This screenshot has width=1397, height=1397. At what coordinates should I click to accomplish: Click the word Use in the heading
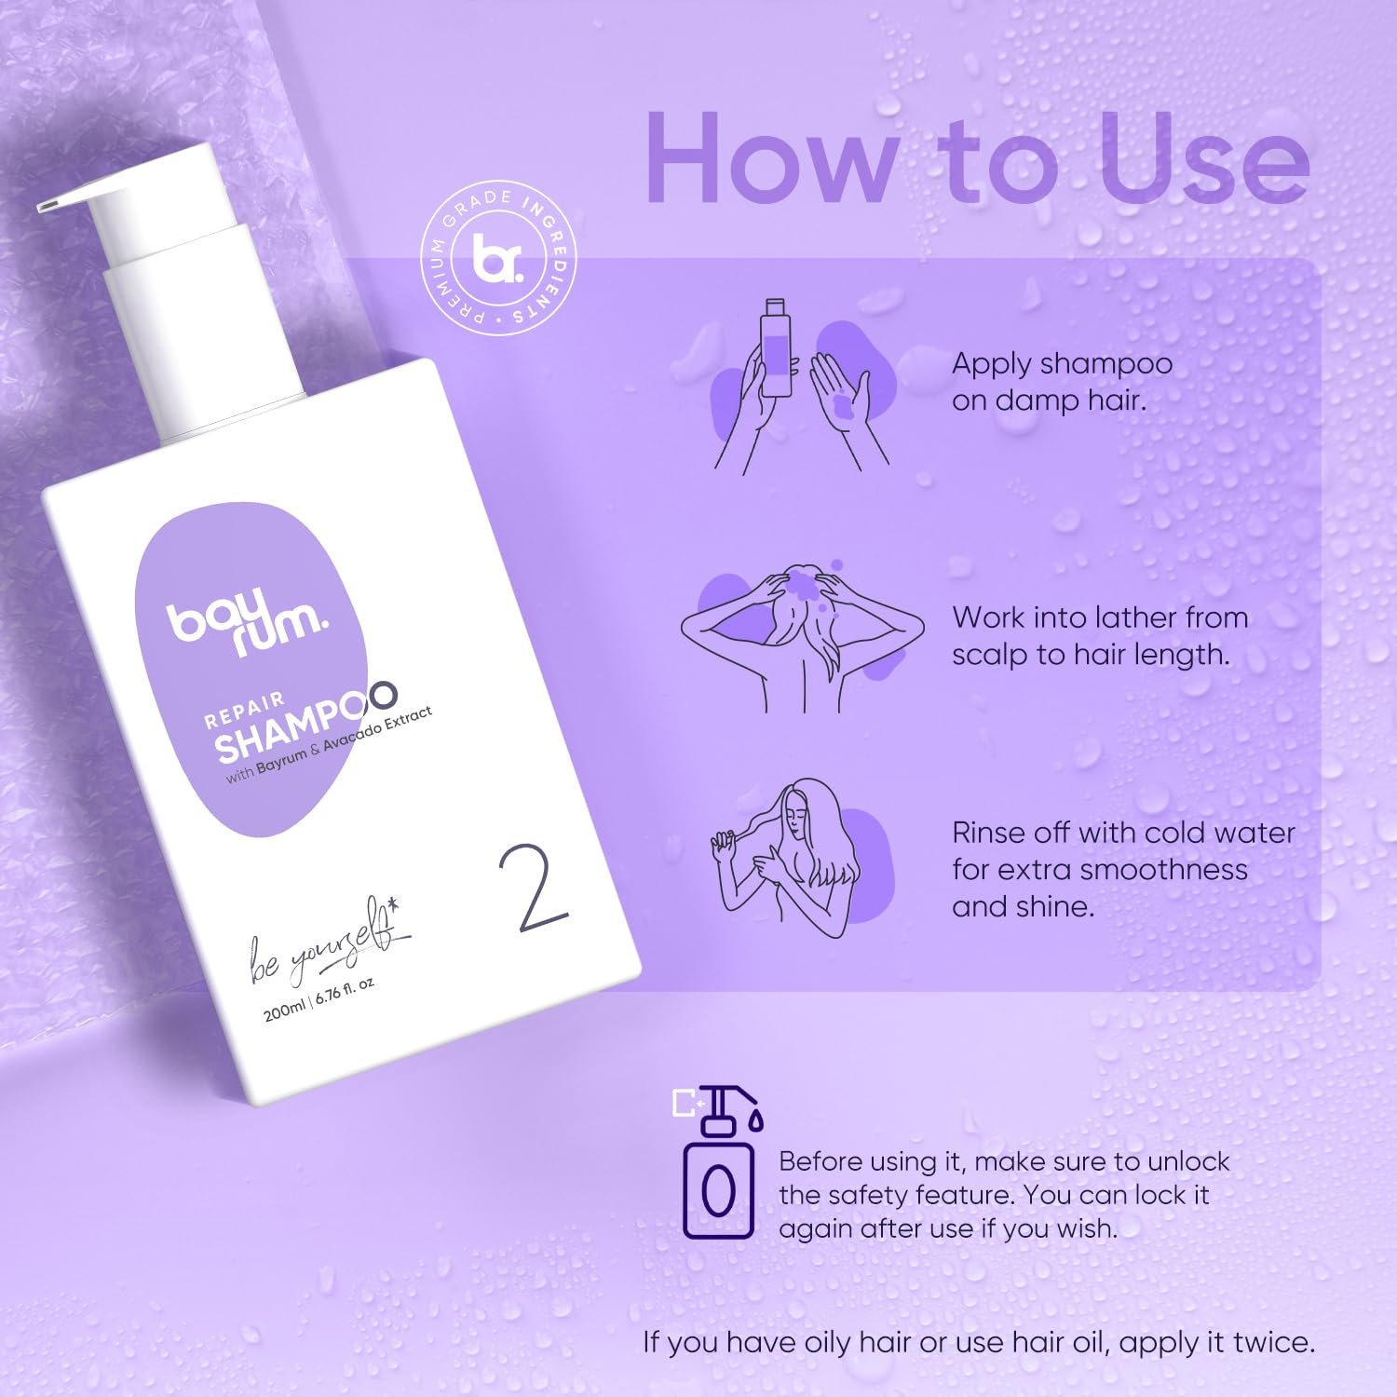coord(1204,157)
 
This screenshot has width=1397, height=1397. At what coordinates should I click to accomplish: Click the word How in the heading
coord(771,157)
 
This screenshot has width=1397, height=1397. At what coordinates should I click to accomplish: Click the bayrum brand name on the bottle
coord(248,621)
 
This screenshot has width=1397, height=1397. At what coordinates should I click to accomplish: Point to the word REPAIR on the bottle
coord(244,709)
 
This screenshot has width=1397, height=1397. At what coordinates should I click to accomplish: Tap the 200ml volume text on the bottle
coord(285,1009)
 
